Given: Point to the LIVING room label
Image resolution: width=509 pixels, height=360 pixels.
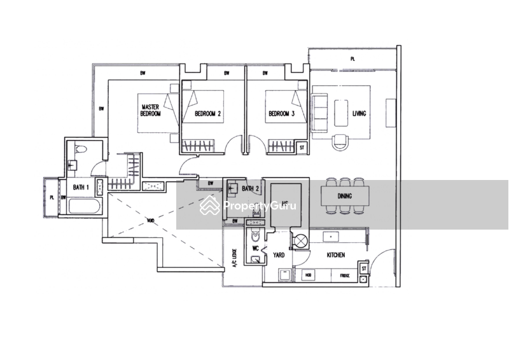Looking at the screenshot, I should coord(358,113).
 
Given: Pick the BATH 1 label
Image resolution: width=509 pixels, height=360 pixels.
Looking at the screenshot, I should coord(80,186).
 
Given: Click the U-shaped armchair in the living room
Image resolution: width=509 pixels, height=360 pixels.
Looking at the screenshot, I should coord(340,139).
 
